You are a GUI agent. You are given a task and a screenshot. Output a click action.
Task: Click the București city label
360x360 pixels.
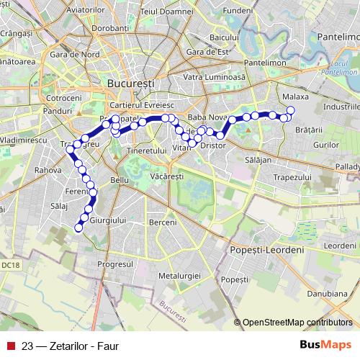pos(130,84)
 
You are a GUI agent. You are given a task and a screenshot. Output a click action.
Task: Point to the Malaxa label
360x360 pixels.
pos(296,95)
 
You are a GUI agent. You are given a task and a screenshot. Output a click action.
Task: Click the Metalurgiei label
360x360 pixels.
pos(180,276)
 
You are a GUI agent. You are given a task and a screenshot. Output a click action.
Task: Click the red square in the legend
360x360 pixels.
pos(10,345)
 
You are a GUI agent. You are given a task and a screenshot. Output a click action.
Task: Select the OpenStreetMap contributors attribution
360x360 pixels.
pos(297,323)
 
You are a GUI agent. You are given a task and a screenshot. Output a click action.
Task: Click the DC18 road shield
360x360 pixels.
pos(10,265)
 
